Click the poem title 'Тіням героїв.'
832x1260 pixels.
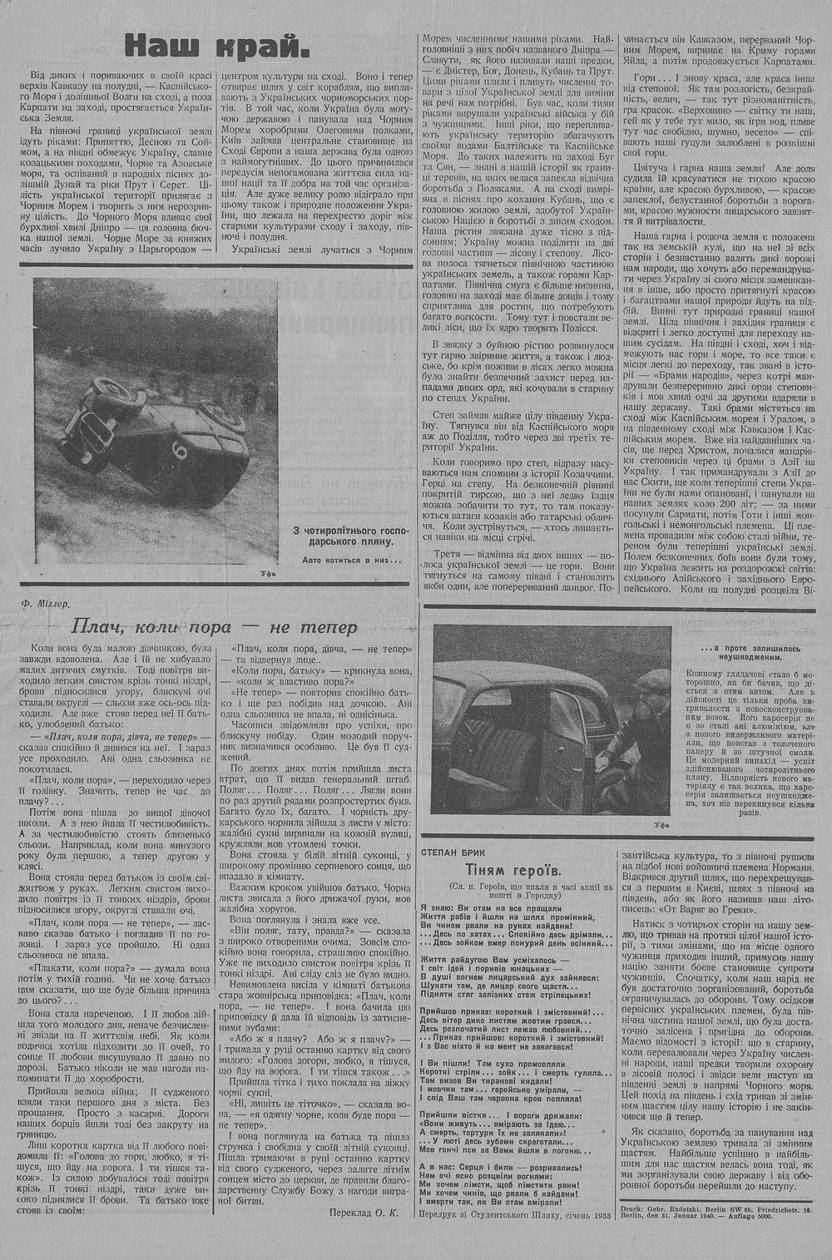click(517, 872)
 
